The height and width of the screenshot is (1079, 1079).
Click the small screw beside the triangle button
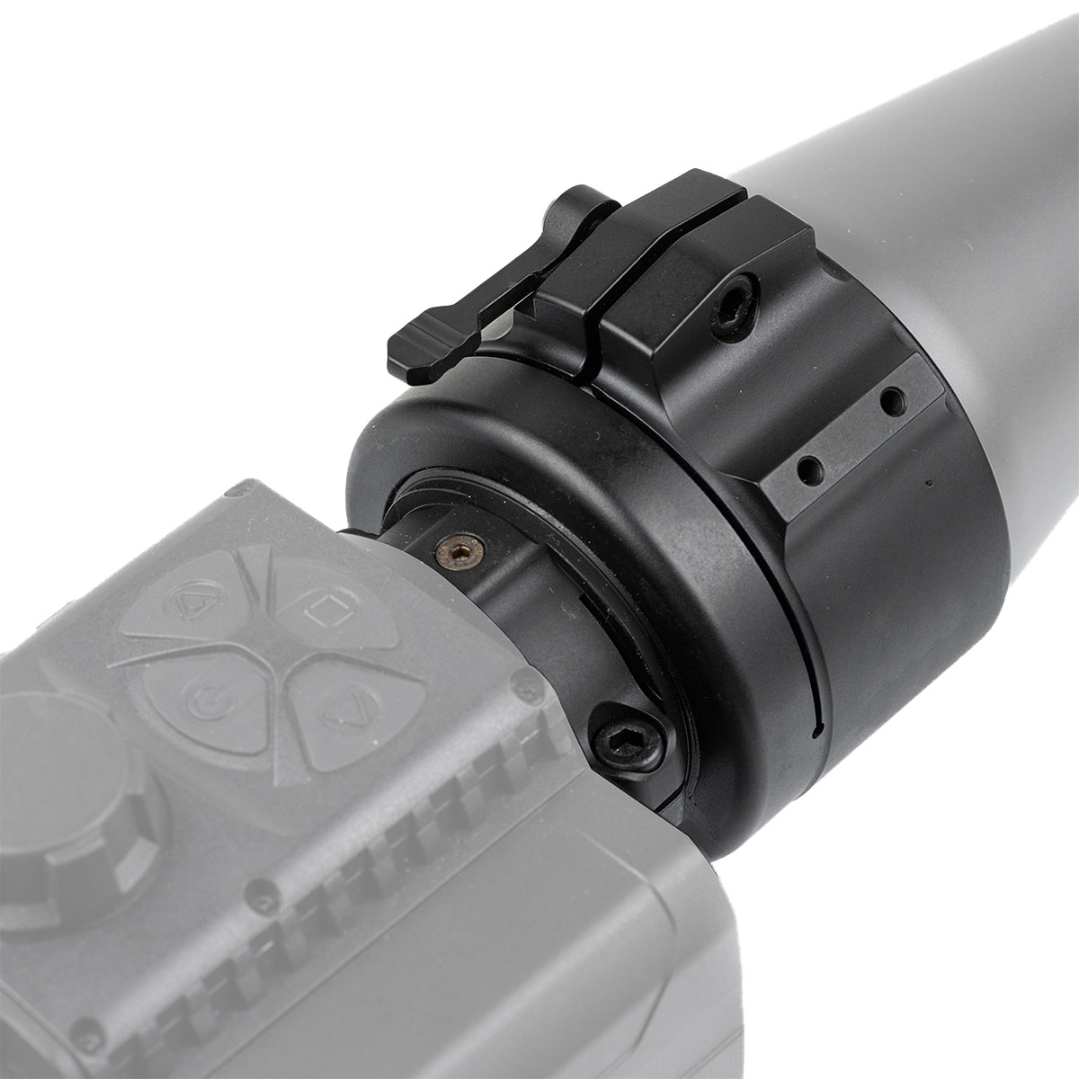pyautogui.click(x=521, y=691)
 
